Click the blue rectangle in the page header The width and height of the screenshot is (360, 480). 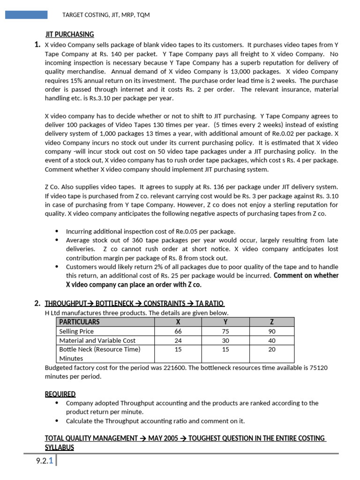26,15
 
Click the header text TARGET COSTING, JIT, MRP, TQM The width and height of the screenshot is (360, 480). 106,15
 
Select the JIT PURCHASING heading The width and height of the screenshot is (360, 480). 69,34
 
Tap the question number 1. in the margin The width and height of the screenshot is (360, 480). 37,45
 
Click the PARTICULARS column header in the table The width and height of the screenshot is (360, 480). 79,322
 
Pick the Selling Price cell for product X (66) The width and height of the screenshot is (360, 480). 178,331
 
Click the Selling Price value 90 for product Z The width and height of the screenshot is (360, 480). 272,331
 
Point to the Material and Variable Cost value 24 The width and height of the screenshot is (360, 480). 178,340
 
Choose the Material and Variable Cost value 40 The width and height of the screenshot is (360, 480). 272,340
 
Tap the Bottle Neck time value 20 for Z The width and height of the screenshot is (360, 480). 272,349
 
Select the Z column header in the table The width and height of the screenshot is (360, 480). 272,322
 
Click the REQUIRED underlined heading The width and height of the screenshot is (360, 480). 60,394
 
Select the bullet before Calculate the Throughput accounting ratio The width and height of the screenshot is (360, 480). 57,421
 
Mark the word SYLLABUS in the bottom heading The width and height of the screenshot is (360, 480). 59,447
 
